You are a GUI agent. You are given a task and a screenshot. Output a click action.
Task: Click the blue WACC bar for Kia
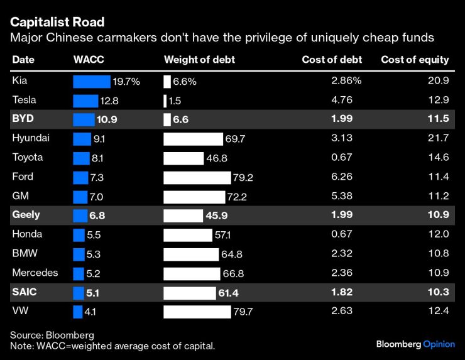[x=92, y=81]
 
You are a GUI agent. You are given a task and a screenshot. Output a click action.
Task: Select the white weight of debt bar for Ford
[x=197, y=177]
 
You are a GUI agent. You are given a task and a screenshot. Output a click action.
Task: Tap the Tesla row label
[x=25, y=101]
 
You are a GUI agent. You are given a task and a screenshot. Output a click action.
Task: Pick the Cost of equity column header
[x=415, y=60]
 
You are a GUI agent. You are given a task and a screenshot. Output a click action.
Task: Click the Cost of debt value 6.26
[x=342, y=177]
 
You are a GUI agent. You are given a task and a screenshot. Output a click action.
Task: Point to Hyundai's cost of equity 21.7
[x=437, y=138]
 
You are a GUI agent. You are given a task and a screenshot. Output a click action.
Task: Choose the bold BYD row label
[x=23, y=119]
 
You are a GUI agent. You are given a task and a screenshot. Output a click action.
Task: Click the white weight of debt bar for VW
[x=197, y=312]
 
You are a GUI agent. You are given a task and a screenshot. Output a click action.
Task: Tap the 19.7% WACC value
[x=126, y=82]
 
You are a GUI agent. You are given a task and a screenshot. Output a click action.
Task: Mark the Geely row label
[x=26, y=215]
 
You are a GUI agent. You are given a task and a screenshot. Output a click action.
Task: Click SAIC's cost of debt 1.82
[x=342, y=292]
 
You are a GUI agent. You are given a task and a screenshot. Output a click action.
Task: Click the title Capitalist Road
[x=57, y=23]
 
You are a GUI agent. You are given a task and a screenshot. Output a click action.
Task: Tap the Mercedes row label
[x=35, y=273]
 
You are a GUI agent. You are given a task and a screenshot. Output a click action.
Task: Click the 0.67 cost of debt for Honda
[x=342, y=234]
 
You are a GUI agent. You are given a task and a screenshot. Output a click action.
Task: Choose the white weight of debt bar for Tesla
[x=165, y=101]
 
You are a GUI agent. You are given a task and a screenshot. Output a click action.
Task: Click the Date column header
[x=23, y=60]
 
